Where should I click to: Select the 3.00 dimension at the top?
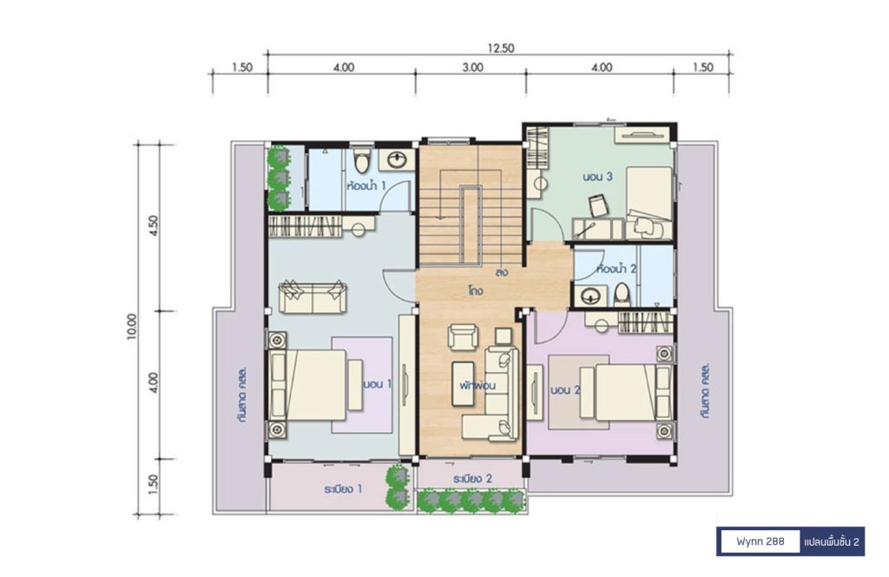(x=472, y=68)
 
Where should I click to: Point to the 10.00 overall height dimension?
(x=132, y=327)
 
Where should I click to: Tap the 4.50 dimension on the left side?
(x=154, y=226)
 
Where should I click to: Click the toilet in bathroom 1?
(x=361, y=161)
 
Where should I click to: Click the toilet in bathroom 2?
(x=622, y=294)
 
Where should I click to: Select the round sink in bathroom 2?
(x=591, y=296)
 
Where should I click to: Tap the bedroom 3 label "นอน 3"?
(x=597, y=176)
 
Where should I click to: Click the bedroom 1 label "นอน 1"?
(x=378, y=384)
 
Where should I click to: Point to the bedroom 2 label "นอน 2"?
(x=566, y=390)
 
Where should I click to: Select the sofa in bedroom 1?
(x=313, y=296)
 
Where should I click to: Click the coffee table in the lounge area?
(x=464, y=383)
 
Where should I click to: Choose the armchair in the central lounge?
(x=464, y=336)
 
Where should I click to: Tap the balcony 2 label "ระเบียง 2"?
(x=472, y=479)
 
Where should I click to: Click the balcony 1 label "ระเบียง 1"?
(x=344, y=488)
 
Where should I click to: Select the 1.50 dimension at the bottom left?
(x=154, y=485)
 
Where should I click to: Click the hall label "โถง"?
(x=475, y=291)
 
